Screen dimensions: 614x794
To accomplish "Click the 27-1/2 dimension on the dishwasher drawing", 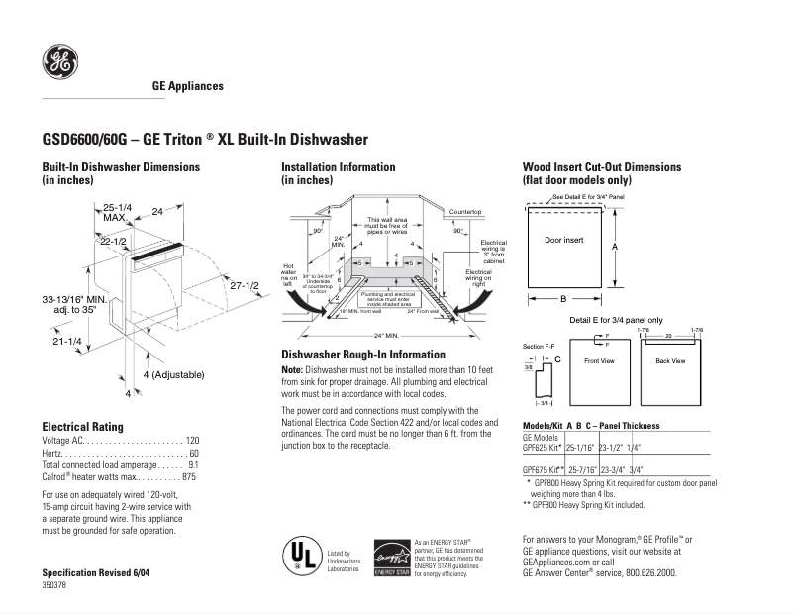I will (244, 286).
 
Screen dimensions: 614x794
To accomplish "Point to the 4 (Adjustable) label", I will (172, 374).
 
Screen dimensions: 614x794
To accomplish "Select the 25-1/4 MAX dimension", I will (116, 212).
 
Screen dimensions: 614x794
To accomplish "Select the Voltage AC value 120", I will (192, 440).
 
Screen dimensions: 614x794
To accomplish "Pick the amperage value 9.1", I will (193, 464).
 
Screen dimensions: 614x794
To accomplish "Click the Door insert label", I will (563, 240).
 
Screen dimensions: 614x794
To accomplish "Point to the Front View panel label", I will (600, 361).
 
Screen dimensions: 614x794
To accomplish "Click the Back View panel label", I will (670, 361).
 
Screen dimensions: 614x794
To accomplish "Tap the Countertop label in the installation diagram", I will (465, 213).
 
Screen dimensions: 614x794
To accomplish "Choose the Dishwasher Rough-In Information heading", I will (363, 355).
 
